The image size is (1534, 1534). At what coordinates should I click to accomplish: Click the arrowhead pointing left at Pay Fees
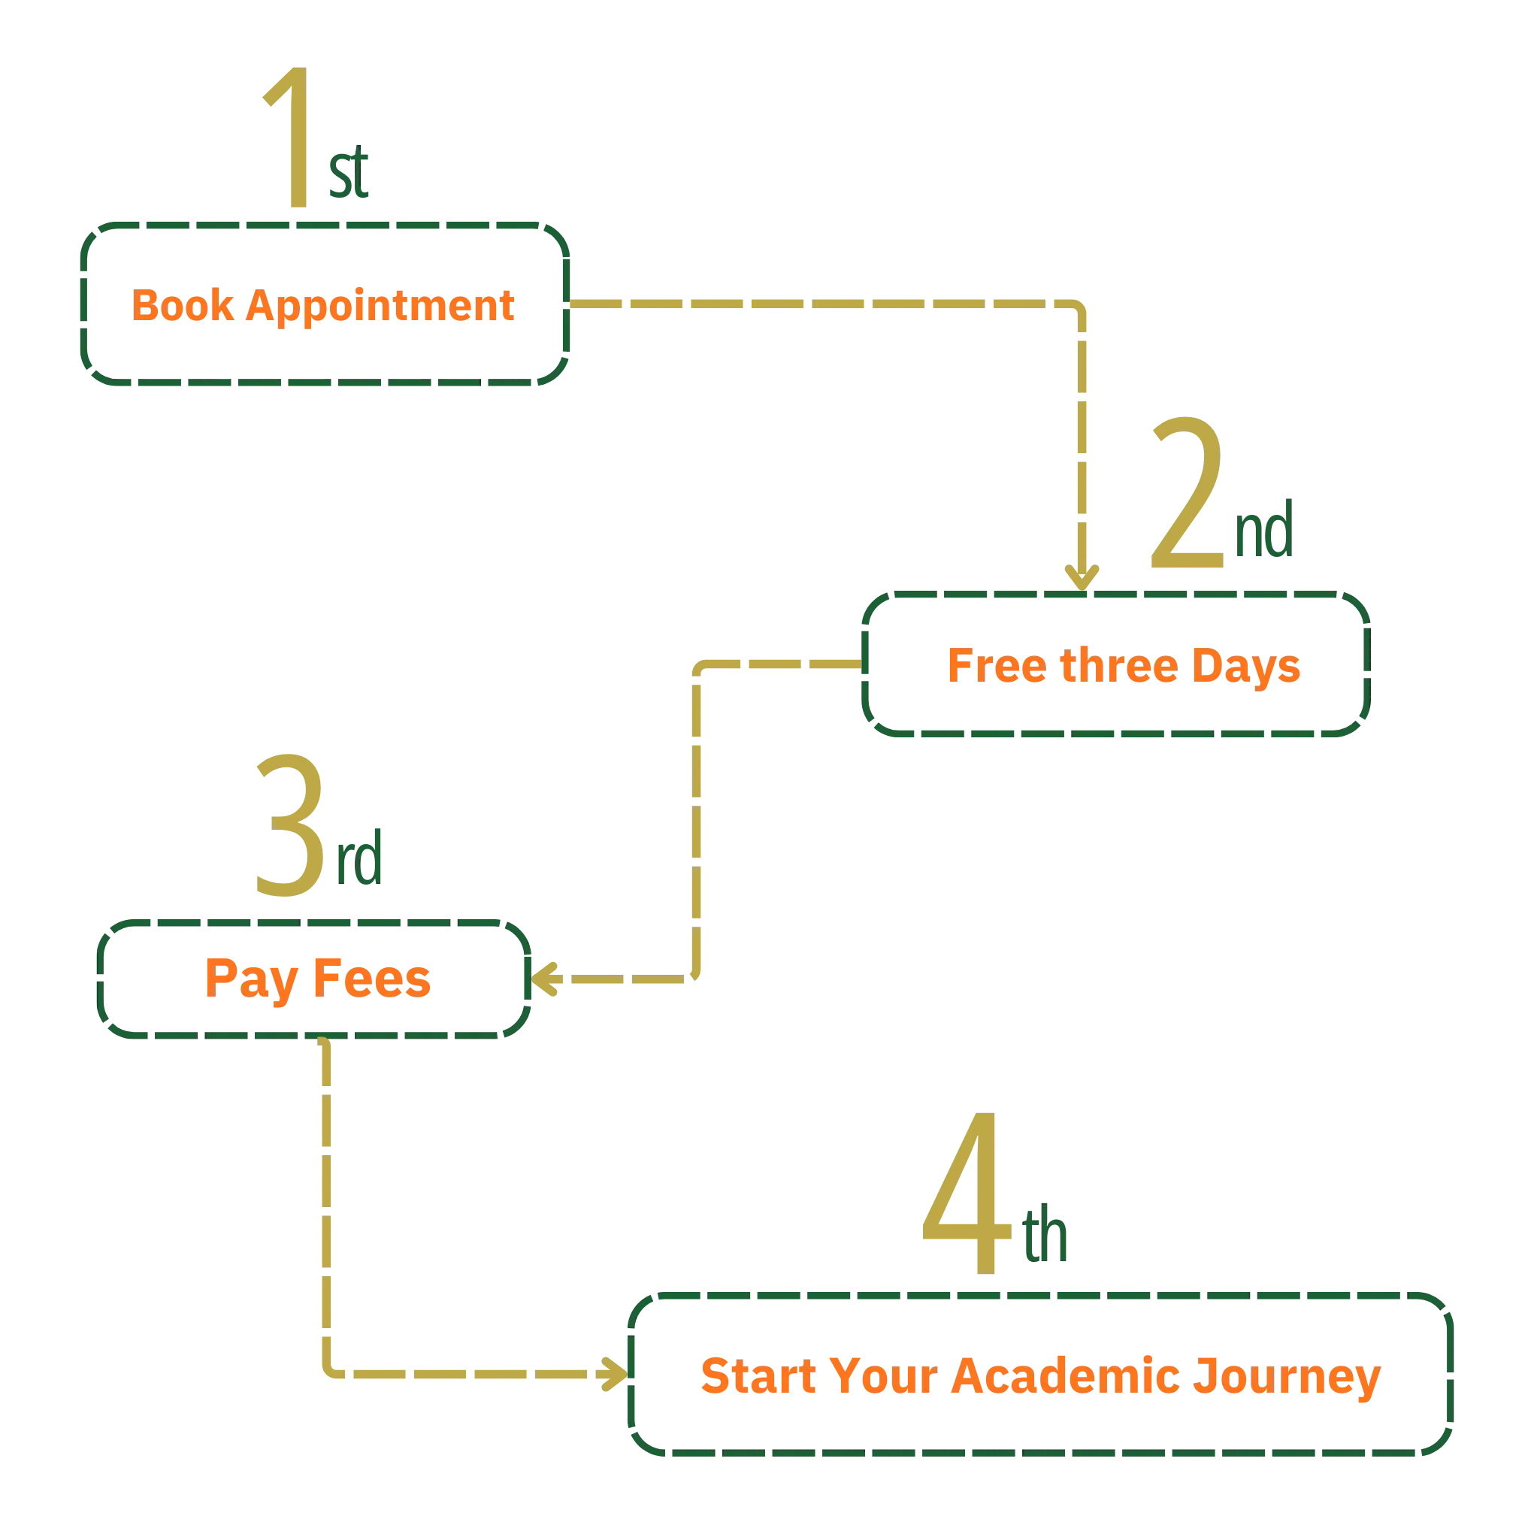[x=547, y=980]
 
